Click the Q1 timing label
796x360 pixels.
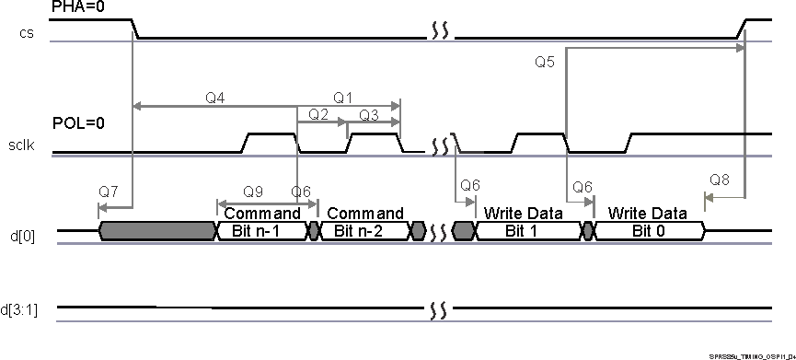tap(343, 97)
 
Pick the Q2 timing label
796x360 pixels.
tap(319, 115)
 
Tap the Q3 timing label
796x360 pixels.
tap(369, 115)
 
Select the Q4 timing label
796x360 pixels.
tap(215, 97)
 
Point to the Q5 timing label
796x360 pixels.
tap(545, 63)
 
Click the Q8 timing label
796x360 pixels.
tap(721, 179)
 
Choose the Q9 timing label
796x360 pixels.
tap(253, 192)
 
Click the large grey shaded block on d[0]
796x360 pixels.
tap(156, 231)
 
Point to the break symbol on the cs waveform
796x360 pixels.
tap(439, 33)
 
